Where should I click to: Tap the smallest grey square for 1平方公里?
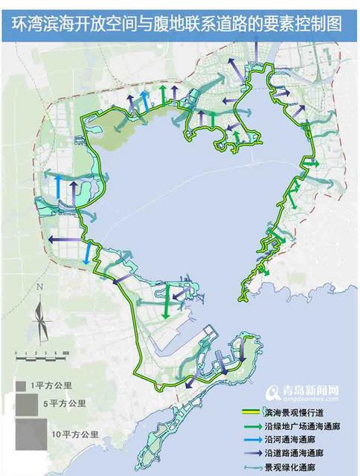point(22,386)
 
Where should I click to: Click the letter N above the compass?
point(43,289)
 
